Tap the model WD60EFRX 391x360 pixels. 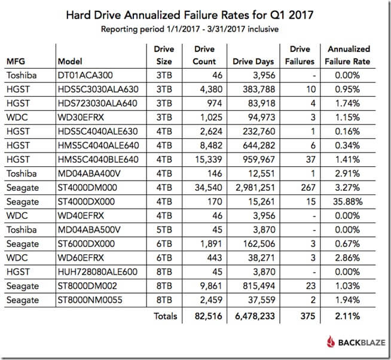80,258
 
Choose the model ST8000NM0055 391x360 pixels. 87,300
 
